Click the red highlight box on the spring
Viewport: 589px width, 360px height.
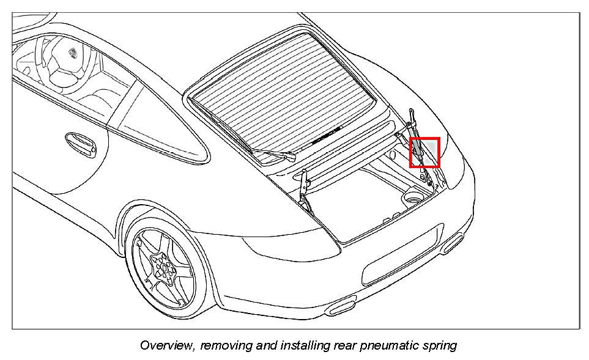(424, 152)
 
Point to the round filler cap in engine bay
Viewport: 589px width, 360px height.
(411, 197)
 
